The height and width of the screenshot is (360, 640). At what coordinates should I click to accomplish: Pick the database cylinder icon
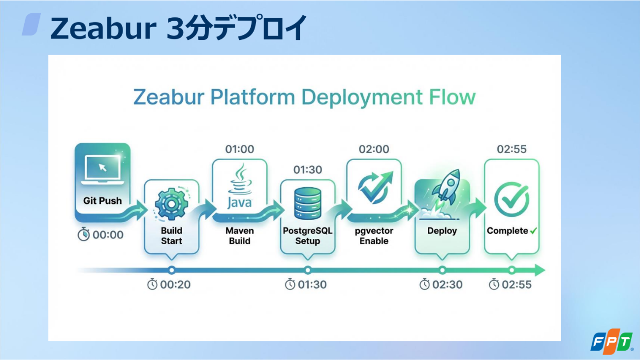click(308, 203)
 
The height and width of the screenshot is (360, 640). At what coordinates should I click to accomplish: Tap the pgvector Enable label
click(374, 236)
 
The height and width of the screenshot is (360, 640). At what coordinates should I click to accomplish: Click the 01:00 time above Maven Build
click(240, 149)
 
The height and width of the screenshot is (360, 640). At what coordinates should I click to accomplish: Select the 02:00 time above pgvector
click(374, 149)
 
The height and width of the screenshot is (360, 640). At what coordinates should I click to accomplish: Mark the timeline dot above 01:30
click(308, 270)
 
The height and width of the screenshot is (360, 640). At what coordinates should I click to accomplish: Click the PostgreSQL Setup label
click(308, 236)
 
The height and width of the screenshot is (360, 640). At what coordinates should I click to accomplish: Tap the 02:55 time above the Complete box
click(512, 149)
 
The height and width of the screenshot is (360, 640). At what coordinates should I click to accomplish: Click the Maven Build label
click(240, 236)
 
